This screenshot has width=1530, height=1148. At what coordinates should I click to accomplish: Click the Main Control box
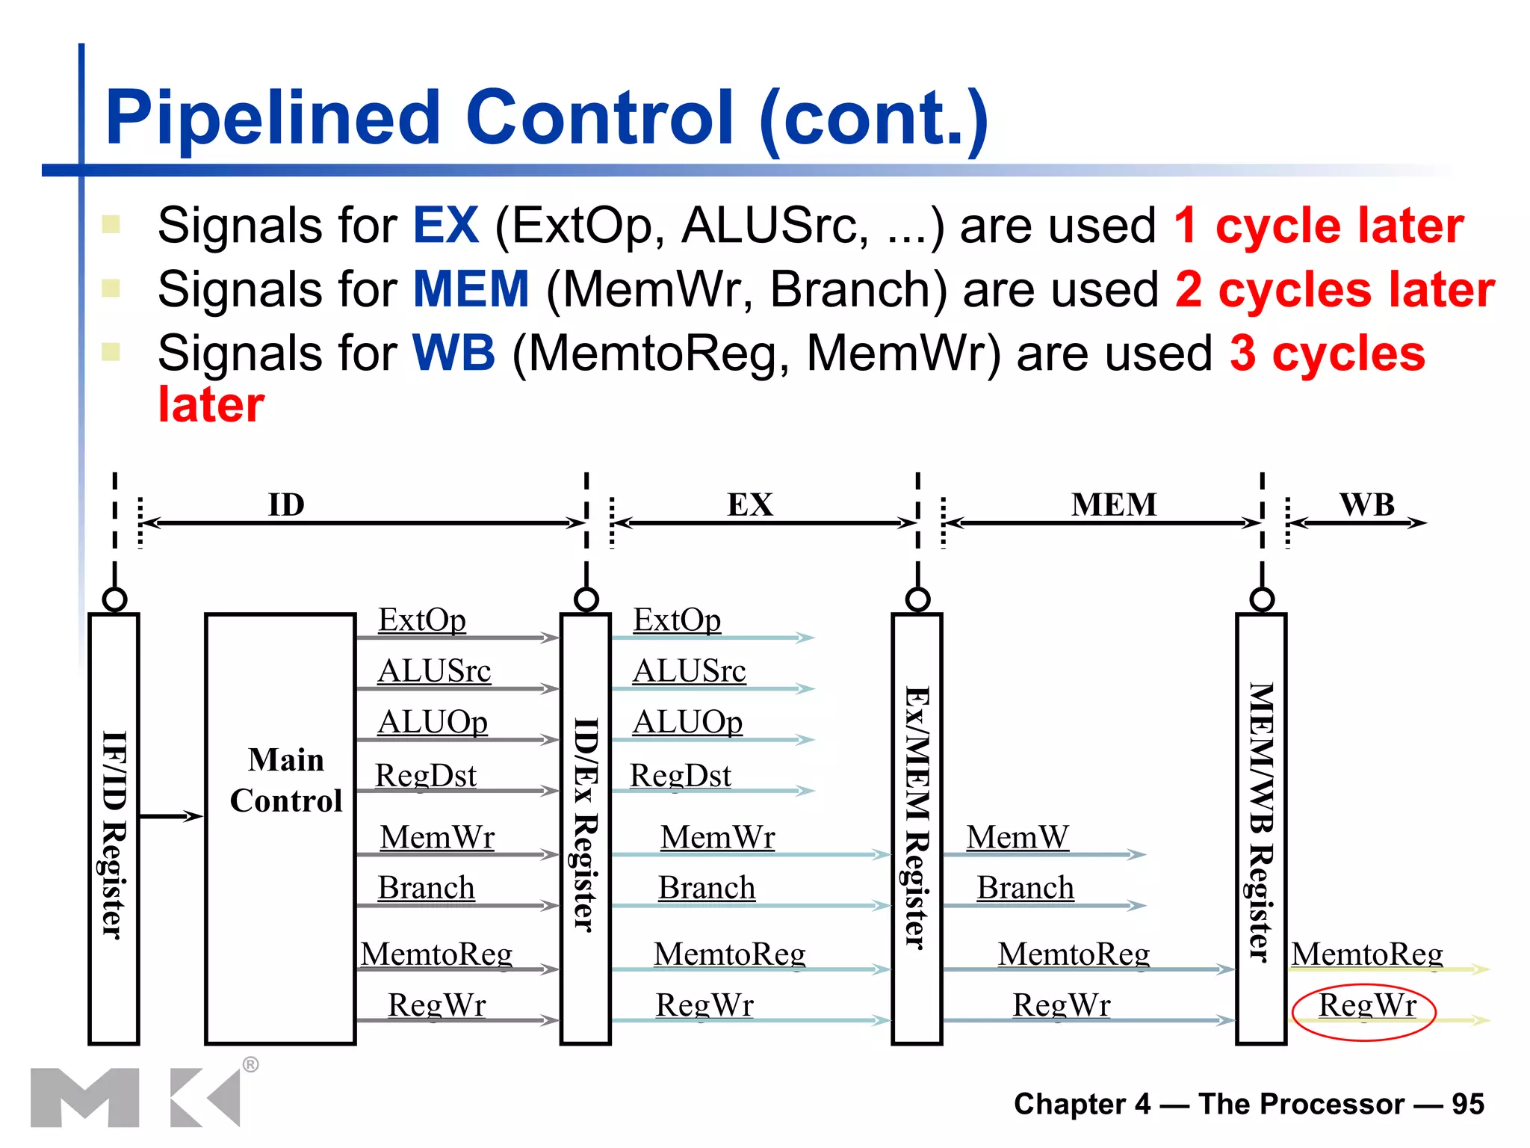(x=280, y=828)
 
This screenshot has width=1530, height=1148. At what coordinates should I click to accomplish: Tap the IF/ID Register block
(x=114, y=828)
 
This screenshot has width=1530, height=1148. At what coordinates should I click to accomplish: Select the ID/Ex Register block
(x=586, y=828)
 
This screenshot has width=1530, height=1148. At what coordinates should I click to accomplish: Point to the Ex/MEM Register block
(x=917, y=828)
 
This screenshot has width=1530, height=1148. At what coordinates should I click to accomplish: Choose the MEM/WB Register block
(x=1261, y=828)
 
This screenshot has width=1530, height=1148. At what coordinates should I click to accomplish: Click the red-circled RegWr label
(x=1366, y=1006)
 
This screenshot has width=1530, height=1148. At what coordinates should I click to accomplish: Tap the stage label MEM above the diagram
(x=1113, y=505)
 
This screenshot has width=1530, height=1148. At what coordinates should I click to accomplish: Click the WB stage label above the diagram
(x=1366, y=505)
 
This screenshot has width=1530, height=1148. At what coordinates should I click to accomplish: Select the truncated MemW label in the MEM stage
(x=1017, y=838)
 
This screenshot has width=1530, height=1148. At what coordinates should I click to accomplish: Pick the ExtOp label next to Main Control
(x=422, y=620)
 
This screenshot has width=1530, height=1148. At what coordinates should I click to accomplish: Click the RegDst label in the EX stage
(x=680, y=776)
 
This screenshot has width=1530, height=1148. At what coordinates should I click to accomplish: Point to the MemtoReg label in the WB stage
(x=1367, y=954)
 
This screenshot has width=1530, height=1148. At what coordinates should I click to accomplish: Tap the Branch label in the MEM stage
(x=1025, y=889)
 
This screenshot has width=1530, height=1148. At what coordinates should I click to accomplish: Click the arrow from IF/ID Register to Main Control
(x=171, y=816)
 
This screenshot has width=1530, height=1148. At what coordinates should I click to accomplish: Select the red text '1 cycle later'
(x=1319, y=226)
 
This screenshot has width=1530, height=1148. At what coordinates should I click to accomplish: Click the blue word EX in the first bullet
(x=446, y=226)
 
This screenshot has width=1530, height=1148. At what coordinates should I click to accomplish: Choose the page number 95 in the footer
(x=1467, y=1104)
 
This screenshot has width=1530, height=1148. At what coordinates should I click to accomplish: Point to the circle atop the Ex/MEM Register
(x=917, y=599)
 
